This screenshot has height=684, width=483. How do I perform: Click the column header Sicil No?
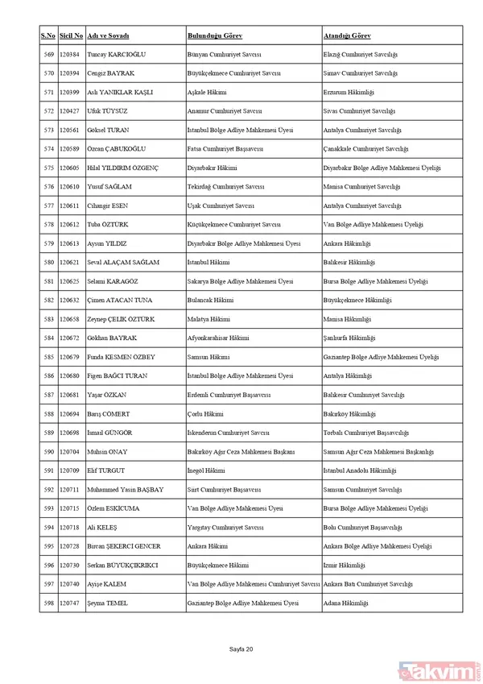[x=71, y=36]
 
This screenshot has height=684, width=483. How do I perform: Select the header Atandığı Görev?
[x=352, y=36]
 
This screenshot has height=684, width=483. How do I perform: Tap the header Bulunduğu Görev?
[x=215, y=36]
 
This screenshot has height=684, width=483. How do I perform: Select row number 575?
[x=48, y=168]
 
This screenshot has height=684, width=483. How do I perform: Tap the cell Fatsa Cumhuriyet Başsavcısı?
[x=226, y=148]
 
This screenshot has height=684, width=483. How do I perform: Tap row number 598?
[x=48, y=603]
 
